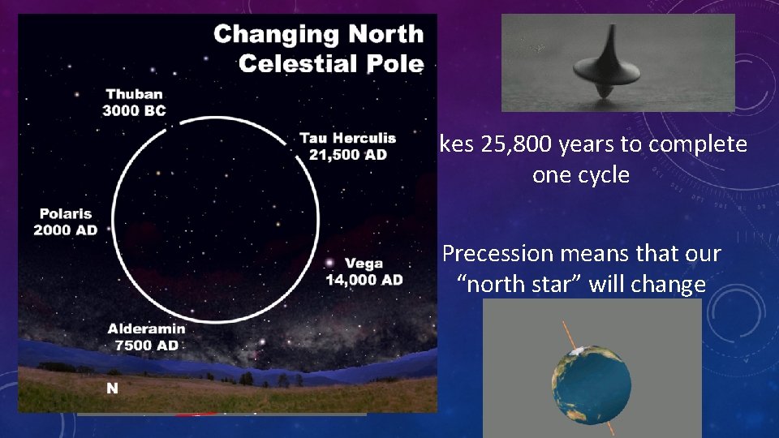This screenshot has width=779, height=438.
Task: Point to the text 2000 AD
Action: [x=65, y=230]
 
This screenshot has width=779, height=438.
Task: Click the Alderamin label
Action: [x=147, y=328]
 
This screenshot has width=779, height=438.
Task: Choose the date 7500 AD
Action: [x=147, y=344]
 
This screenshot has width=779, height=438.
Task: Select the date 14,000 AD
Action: [x=364, y=280]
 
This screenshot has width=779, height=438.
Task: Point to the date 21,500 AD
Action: [x=348, y=153]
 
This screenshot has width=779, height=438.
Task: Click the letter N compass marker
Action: [x=112, y=388]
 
